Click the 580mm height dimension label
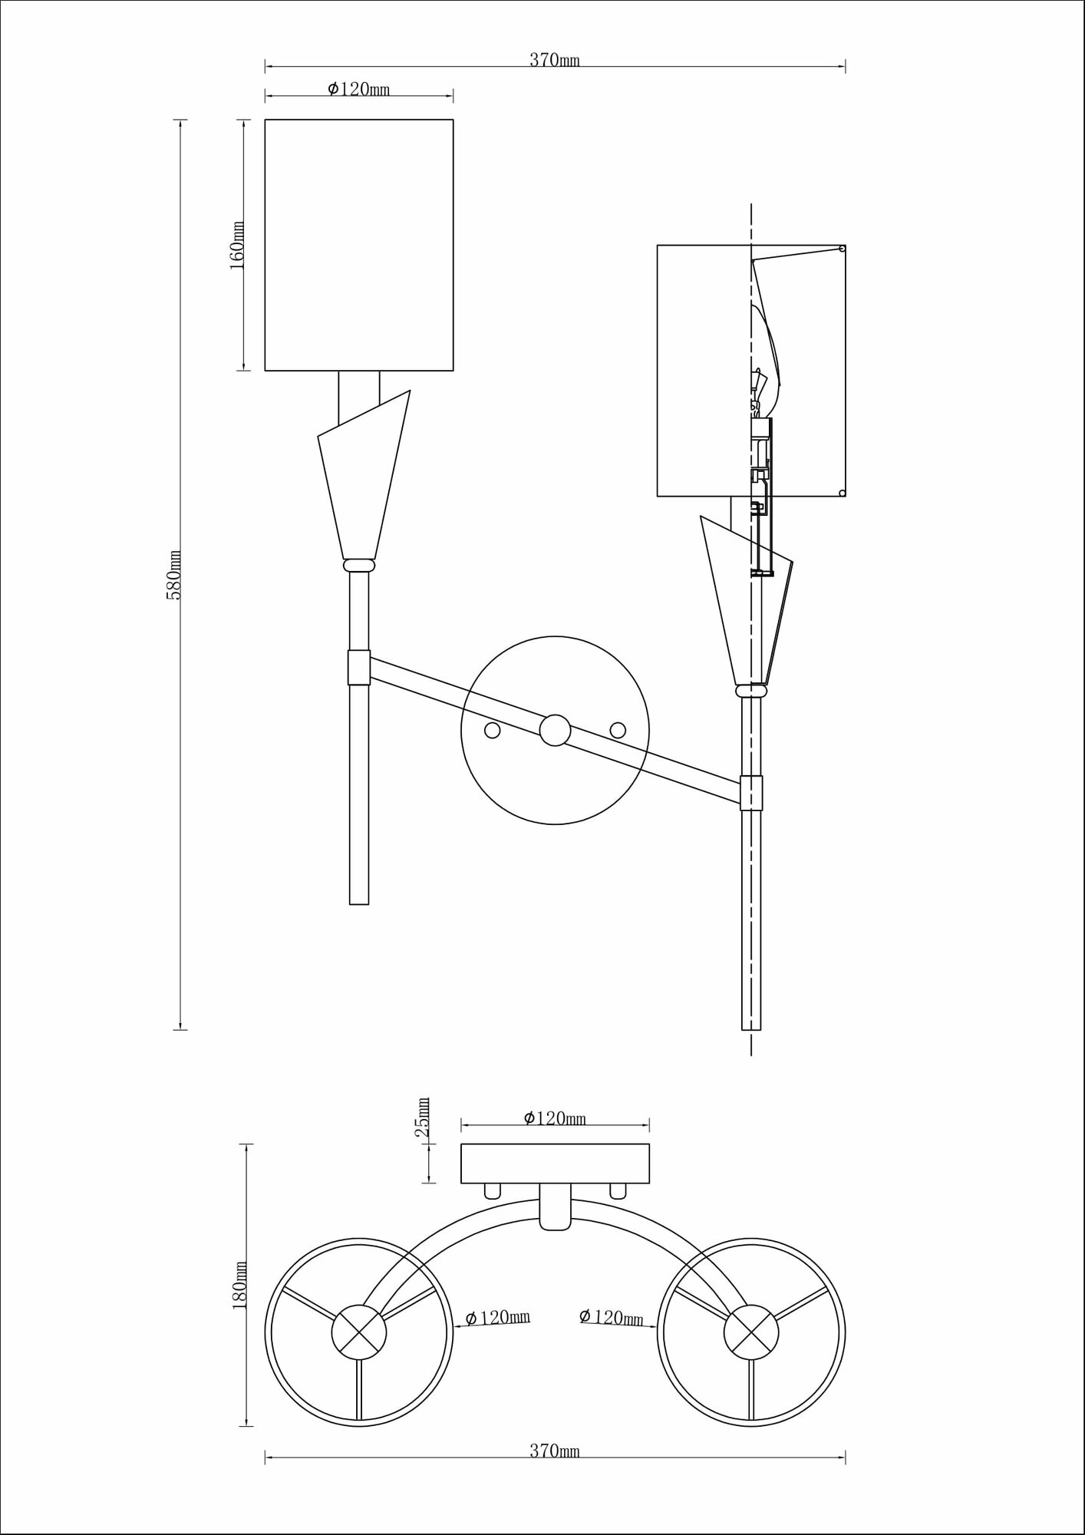pyautogui.click(x=175, y=575)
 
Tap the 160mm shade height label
pyautogui.click(x=238, y=245)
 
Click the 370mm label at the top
pyautogui.click(x=554, y=61)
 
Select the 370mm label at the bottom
pyautogui.click(x=554, y=1451)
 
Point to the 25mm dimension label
pyautogui.click(x=423, y=1118)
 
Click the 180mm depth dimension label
pyautogui.click(x=241, y=1284)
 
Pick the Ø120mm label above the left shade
pyautogui.click(x=359, y=90)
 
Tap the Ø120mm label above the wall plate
pyautogui.click(x=555, y=1118)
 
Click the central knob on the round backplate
pyautogui.click(x=555, y=730)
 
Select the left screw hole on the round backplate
pyautogui.click(x=493, y=730)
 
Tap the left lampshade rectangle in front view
pyautogui.click(x=359, y=245)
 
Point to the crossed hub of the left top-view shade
pyautogui.click(x=358, y=1332)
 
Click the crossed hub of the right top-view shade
pyautogui.click(x=751, y=1332)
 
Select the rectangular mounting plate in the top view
pyautogui.click(x=555, y=1163)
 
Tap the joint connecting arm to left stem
pyautogui.click(x=358, y=667)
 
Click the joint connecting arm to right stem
pyautogui.click(x=751, y=793)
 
